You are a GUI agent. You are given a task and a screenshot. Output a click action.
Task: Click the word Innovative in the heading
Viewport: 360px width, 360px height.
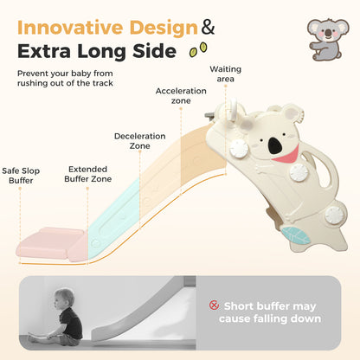[70, 28]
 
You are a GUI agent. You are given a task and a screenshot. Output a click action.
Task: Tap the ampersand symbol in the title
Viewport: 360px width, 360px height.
[208, 27]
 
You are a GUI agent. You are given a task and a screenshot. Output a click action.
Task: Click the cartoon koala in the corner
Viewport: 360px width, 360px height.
[327, 40]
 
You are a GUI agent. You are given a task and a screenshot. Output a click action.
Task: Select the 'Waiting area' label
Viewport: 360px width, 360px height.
[225, 74]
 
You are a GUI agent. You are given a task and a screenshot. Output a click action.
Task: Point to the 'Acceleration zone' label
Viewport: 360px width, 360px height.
[181, 96]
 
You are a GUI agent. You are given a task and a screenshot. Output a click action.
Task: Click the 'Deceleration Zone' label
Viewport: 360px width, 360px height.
[140, 141]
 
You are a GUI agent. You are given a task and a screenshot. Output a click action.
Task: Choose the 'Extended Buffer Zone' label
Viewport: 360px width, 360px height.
[88, 174]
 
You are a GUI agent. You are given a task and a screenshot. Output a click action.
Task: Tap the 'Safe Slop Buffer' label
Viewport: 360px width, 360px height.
[21, 176]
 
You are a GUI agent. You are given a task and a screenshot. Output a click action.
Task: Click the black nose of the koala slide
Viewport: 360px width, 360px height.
[275, 145]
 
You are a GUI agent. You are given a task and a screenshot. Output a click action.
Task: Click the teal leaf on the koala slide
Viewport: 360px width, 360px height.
[295, 235]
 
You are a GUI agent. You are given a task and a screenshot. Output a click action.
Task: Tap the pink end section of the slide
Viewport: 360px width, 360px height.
[52, 244]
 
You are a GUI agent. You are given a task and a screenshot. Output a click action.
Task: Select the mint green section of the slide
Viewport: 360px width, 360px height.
[115, 219]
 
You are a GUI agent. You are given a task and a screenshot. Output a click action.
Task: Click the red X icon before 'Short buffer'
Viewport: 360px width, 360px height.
[214, 305]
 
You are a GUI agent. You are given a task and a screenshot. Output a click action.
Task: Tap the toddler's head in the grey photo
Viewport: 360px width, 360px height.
[63, 299]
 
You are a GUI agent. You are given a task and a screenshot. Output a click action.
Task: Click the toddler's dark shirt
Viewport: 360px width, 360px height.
[71, 323]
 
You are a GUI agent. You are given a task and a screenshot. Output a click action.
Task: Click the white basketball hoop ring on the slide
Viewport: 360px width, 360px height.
[233, 111]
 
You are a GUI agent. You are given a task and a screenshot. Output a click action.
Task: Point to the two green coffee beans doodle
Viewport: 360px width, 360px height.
[198, 49]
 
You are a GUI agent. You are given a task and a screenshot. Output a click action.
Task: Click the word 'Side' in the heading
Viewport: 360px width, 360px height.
[154, 51]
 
